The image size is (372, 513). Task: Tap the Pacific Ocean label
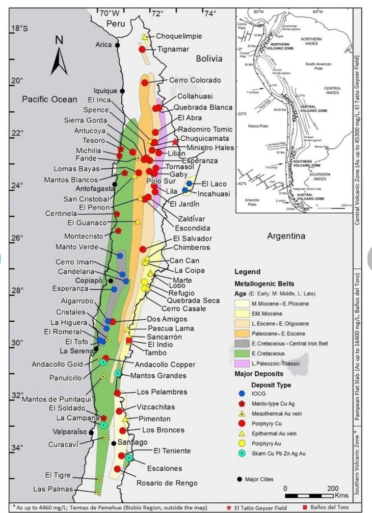pos(49,99)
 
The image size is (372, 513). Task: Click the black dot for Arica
pos(118,45)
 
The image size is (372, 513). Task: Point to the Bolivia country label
pos(209,59)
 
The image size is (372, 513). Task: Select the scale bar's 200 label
pos(333,488)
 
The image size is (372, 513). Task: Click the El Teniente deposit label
pos(172,451)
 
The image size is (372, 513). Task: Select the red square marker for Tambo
pos(128,341)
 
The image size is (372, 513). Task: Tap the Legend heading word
pos(247,272)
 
